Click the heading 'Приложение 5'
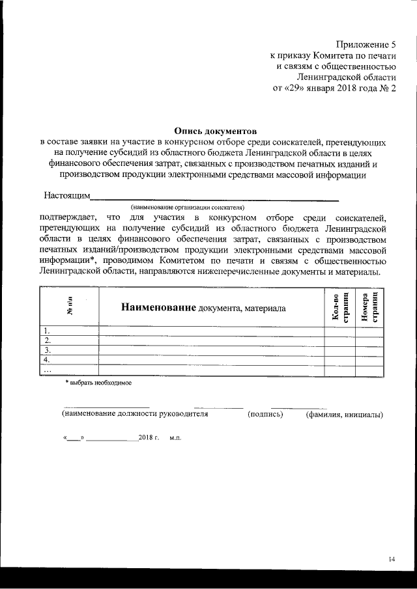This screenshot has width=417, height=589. click(x=366, y=45)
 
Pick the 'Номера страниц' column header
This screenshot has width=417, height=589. click(x=369, y=307)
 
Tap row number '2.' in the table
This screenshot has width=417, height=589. click(x=46, y=340)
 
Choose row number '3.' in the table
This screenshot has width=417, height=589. click(x=46, y=350)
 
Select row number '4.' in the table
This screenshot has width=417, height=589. click(x=46, y=360)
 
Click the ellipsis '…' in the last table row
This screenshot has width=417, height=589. click(x=48, y=370)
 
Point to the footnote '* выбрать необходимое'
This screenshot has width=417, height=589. click(x=98, y=383)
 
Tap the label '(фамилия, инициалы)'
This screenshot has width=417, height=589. click(x=344, y=414)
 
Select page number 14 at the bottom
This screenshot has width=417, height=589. click(x=391, y=558)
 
